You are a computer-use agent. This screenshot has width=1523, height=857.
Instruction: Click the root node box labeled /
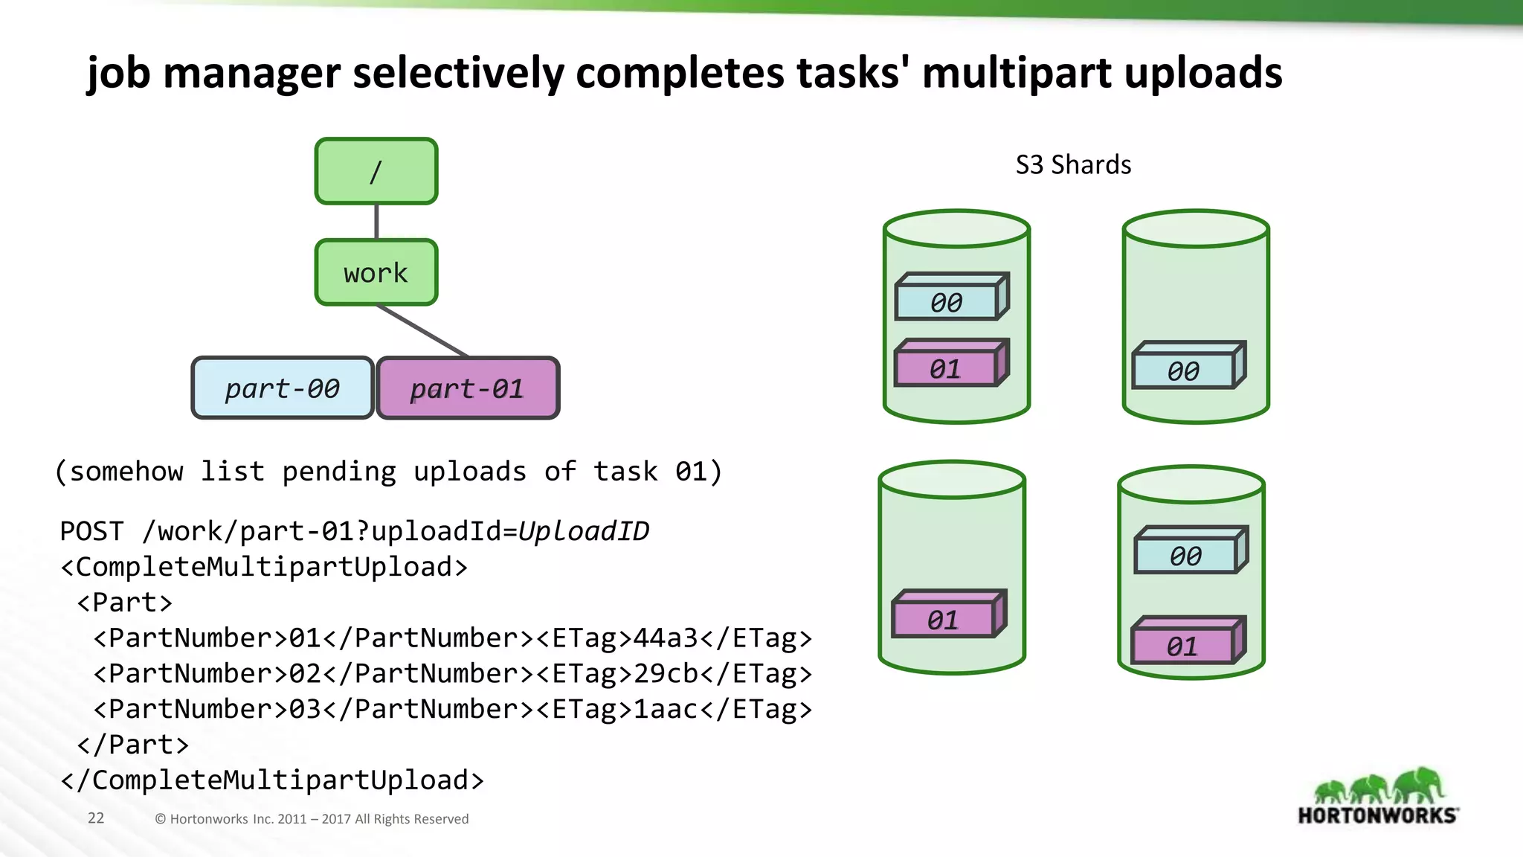pyautogui.click(x=376, y=171)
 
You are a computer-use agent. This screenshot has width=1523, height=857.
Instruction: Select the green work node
pyautogui.click(x=376, y=272)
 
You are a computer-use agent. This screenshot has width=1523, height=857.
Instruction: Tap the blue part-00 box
pyautogui.click(x=283, y=388)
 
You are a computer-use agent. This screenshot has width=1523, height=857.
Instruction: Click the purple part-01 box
pyautogui.click(x=468, y=388)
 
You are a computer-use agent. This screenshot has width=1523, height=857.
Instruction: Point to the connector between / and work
pyautogui.click(x=376, y=221)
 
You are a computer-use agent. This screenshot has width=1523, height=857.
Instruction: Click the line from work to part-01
pyautogui.click(x=422, y=331)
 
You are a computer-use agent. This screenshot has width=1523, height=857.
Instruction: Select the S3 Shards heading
pyautogui.click(x=1073, y=164)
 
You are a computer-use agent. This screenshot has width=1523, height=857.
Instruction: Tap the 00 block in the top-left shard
pyautogui.click(x=947, y=301)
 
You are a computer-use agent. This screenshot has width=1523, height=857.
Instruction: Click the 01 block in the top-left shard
pyautogui.click(x=945, y=367)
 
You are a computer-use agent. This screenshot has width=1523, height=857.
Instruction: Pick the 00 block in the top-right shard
pyautogui.click(x=1183, y=370)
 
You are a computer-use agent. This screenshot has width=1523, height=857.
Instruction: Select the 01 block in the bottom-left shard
pyautogui.click(x=943, y=619)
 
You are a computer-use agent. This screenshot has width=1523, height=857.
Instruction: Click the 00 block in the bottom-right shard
pyautogui.click(x=1185, y=555)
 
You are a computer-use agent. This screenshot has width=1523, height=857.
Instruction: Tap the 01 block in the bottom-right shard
pyautogui.click(x=1182, y=645)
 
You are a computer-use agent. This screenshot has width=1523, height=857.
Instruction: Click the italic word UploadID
pyautogui.click(x=584, y=531)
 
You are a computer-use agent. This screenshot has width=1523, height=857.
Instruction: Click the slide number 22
pyautogui.click(x=96, y=818)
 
